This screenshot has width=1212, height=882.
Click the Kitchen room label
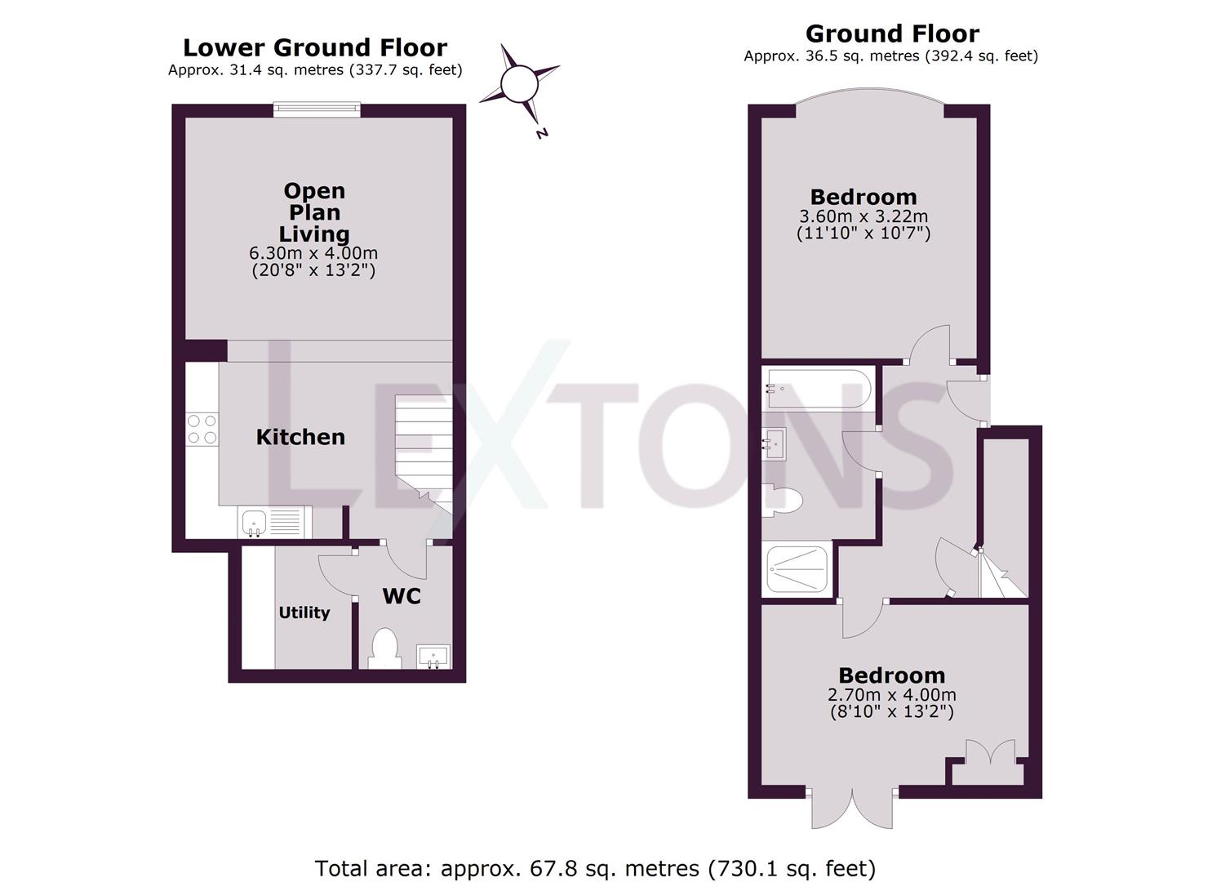[x=300, y=437]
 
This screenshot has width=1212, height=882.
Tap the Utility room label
[x=304, y=612]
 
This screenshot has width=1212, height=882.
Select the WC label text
[x=402, y=596]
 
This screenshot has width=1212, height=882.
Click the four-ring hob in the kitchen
[x=202, y=429]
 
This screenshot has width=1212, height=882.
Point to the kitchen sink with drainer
[x=274, y=522]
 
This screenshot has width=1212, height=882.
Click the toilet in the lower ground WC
[x=384, y=648]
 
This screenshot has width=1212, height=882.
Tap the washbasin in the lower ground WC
[x=433, y=657]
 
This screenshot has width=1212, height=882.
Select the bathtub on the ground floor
[x=818, y=388]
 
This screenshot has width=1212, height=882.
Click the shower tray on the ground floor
[x=797, y=569]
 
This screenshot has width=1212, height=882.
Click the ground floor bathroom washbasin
[x=775, y=444]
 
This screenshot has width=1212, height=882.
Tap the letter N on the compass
[x=542, y=133]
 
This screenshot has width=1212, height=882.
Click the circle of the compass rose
[x=519, y=83]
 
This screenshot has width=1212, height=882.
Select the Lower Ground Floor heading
[x=315, y=47]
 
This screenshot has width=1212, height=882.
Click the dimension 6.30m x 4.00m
[x=313, y=253]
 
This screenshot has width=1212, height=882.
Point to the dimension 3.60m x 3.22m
[x=863, y=216]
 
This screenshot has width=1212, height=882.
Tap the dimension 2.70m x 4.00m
[x=892, y=694]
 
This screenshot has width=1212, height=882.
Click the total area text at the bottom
[x=595, y=854]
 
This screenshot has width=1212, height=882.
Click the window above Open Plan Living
[x=317, y=109]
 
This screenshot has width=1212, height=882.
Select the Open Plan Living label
[x=314, y=212]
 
